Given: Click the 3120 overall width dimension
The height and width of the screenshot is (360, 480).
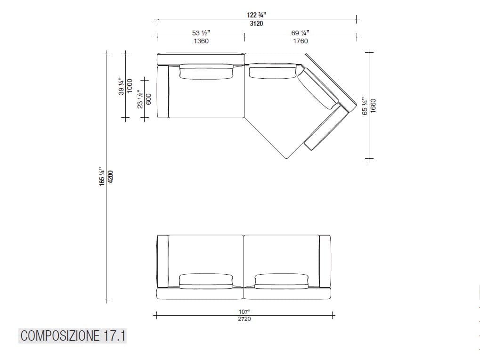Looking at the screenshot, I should (x=256, y=24).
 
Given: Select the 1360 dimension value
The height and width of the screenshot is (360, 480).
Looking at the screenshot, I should (x=201, y=41).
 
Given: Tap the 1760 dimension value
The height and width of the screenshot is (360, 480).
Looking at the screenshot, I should (x=300, y=41).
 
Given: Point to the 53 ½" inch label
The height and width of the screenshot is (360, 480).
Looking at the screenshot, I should (x=201, y=33).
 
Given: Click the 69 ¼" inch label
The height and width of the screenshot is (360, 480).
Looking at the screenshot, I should (x=300, y=33).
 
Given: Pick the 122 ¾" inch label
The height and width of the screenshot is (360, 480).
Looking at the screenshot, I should (x=256, y=15).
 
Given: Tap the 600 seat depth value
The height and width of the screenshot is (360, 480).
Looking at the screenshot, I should (x=148, y=99).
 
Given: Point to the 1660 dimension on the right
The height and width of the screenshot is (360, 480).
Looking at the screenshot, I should (x=373, y=106).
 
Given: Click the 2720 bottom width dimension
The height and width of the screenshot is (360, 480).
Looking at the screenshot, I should (x=244, y=319).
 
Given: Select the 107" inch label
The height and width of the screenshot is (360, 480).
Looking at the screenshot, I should (x=244, y=311).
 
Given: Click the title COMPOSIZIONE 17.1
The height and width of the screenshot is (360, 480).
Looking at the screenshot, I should (x=73, y=336).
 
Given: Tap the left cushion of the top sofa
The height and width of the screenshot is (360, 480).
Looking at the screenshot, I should (x=206, y=72).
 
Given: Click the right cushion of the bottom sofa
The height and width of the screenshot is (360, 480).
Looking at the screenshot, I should (x=282, y=280).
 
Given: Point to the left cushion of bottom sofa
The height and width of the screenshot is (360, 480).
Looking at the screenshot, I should (x=206, y=280).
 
